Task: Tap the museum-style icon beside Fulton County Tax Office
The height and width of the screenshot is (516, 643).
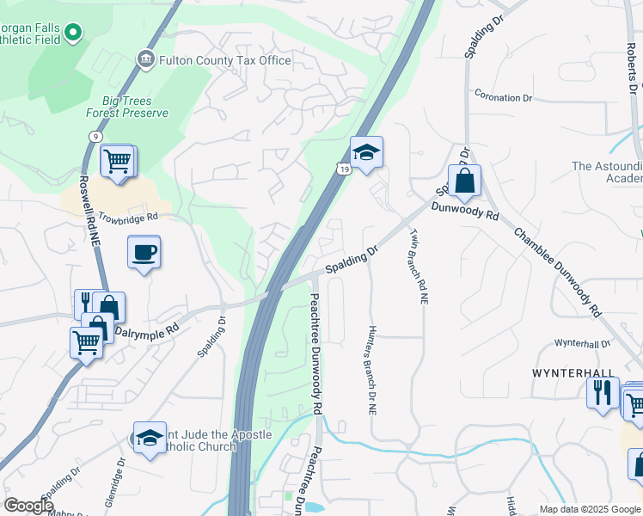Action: [x=144, y=59]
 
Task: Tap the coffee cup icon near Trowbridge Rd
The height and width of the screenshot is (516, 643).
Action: [x=144, y=253]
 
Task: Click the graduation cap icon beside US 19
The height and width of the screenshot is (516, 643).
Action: [x=367, y=153]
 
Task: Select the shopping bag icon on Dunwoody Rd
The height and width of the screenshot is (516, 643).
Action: [x=464, y=181]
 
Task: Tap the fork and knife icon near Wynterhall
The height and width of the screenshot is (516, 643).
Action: [x=603, y=393]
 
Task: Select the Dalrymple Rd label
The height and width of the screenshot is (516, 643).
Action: [x=146, y=329]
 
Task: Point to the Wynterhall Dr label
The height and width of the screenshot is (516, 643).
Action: [x=582, y=343]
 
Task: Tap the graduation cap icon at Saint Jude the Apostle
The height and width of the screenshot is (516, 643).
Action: [x=150, y=438]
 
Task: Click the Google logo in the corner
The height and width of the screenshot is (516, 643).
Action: [x=28, y=506]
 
